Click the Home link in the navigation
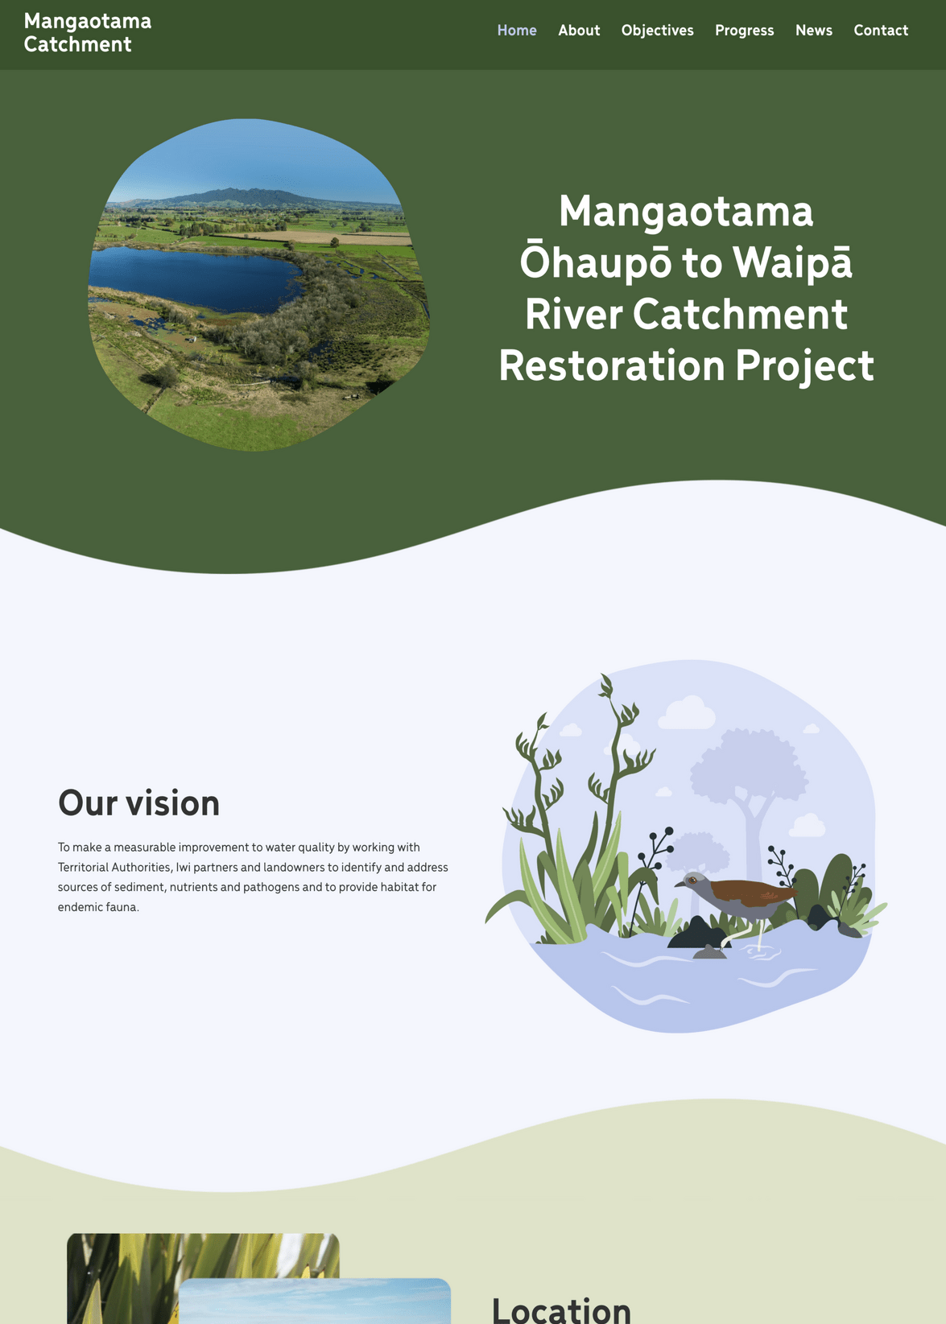pyautogui.click(x=516, y=31)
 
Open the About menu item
pyautogui.click(x=579, y=31)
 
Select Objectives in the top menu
pyautogui.click(x=657, y=31)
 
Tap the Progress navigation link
pyautogui.click(x=744, y=31)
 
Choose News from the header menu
pyautogui.click(x=813, y=31)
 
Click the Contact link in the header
pyautogui.click(x=880, y=31)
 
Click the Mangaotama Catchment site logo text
pyautogui.click(x=88, y=33)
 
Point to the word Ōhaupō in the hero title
pyautogui.click(x=595, y=263)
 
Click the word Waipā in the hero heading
pyautogui.click(x=792, y=263)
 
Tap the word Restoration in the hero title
pyautogui.click(x=611, y=366)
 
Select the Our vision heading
pyautogui.click(x=138, y=803)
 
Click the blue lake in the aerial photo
pyautogui.click(x=193, y=278)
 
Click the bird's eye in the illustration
pyautogui.click(x=692, y=880)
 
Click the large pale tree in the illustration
pyautogui.click(x=749, y=773)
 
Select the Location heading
pyautogui.click(x=561, y=1310)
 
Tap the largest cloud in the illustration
pyautogui.click(x=687, y=713)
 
